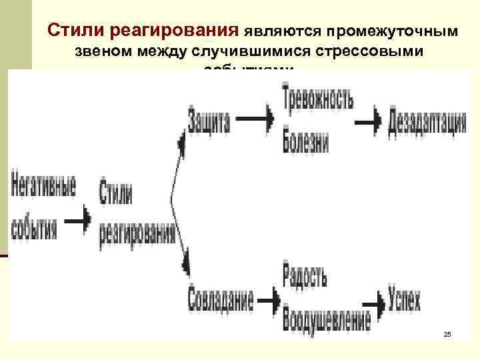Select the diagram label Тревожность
click(318, 99)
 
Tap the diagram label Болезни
click(305, 140)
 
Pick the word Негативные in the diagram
click(43, 189)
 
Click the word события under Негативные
click(35, 226)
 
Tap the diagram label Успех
click(404, 301)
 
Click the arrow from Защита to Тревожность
click(255, 119)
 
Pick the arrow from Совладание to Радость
click(267, 301)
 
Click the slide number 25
click(447, 333)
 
